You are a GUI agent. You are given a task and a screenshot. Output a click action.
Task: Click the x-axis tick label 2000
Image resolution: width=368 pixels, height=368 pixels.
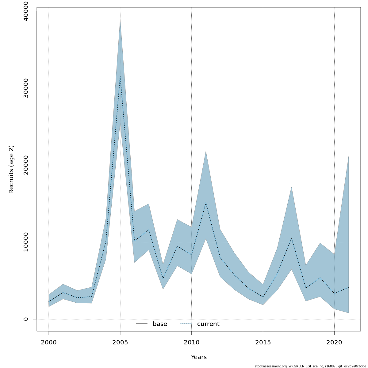click(49, 343)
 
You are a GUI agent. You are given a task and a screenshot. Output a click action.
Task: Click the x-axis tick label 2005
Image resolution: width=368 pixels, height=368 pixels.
click(120, 343)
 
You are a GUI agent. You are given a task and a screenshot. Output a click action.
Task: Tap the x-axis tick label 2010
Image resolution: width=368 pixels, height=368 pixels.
click(191, 343)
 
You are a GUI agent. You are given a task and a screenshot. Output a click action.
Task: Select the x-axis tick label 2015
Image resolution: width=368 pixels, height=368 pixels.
click(263, 343)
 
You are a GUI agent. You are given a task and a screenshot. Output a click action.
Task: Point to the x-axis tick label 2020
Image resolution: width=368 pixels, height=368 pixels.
click(334, 343)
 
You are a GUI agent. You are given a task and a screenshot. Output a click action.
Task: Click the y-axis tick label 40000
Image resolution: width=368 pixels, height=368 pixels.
click(26, 11)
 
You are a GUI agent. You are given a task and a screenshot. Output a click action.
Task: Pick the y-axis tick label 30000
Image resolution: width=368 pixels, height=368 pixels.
click(26, 88)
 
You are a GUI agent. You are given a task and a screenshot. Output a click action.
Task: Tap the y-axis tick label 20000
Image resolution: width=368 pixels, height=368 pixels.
click(26, 165)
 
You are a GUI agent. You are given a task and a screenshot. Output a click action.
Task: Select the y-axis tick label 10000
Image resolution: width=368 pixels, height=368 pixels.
click(26, 242)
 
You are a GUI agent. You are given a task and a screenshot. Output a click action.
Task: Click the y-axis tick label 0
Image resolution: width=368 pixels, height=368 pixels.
click(26, 319)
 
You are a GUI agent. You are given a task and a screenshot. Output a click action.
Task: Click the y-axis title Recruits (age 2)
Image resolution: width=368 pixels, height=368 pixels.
click(11, 169)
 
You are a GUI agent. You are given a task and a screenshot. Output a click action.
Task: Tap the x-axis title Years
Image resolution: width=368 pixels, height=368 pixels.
click(199, 357)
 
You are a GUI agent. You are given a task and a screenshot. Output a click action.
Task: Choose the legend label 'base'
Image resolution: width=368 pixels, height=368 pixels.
click(160, 324)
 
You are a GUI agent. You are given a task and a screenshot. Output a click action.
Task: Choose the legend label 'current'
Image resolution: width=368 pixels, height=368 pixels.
click(208, 324)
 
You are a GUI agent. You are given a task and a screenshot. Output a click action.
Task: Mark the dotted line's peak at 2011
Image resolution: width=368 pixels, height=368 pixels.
click(206, 203)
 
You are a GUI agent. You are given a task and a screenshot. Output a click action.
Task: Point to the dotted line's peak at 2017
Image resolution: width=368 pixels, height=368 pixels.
click(291, 238)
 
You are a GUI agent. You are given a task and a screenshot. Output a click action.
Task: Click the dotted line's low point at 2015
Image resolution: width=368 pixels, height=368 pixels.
click(263, 297)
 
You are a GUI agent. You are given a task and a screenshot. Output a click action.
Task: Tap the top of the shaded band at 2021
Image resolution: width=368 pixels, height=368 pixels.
click(349, 157)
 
